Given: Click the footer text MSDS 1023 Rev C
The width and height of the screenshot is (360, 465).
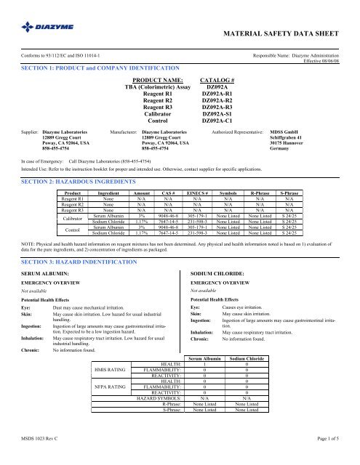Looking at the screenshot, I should coord(42,454).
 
